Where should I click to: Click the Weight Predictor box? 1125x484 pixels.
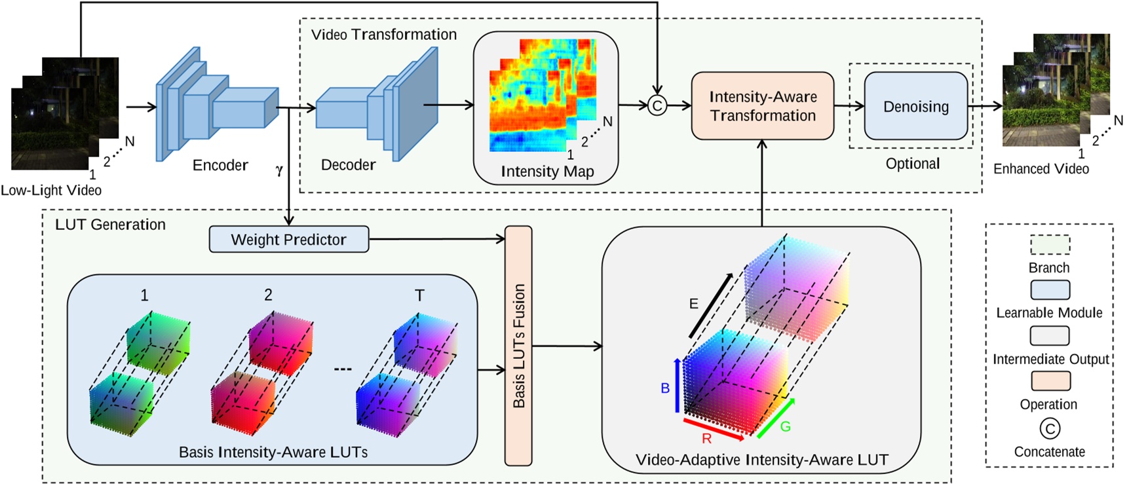pos(288,240)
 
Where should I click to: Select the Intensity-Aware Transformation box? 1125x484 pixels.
pos(763,106)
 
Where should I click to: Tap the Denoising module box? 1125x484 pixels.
pos(915,106)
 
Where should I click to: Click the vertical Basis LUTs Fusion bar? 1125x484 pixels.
pos(518,346)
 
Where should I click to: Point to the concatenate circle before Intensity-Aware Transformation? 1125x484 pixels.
pos(657,105)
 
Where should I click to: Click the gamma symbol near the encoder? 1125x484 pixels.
pos(279,170)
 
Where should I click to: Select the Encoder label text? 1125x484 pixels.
pos(220,165)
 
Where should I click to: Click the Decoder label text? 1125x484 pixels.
pos(348,165)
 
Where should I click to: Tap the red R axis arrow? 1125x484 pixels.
pos(714,429)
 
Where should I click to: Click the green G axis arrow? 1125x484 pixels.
pos(776,418)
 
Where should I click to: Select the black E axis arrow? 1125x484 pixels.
pos(711,305)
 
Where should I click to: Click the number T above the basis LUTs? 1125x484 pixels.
pos(419,295)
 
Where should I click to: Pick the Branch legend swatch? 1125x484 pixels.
pos(1050,245)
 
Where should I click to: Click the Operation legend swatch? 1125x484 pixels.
pos(1050,381)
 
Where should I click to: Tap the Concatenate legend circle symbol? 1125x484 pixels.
pos(1050,429)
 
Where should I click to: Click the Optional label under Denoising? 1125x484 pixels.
pos(912,164)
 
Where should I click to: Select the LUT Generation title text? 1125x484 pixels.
pos(110,225)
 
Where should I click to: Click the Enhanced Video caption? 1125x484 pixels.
pos(1040,169)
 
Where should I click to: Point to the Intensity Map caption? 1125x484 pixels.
pos(547,172)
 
